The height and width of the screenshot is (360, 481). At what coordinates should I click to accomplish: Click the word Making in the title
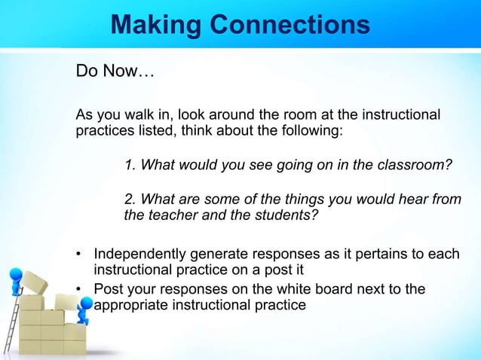155,26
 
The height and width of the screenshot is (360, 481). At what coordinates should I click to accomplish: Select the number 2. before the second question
130,199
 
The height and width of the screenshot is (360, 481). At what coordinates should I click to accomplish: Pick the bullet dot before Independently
79,254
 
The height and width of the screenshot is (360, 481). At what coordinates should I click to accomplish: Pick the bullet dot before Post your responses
79,290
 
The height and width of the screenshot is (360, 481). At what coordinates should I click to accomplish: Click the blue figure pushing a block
85,309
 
